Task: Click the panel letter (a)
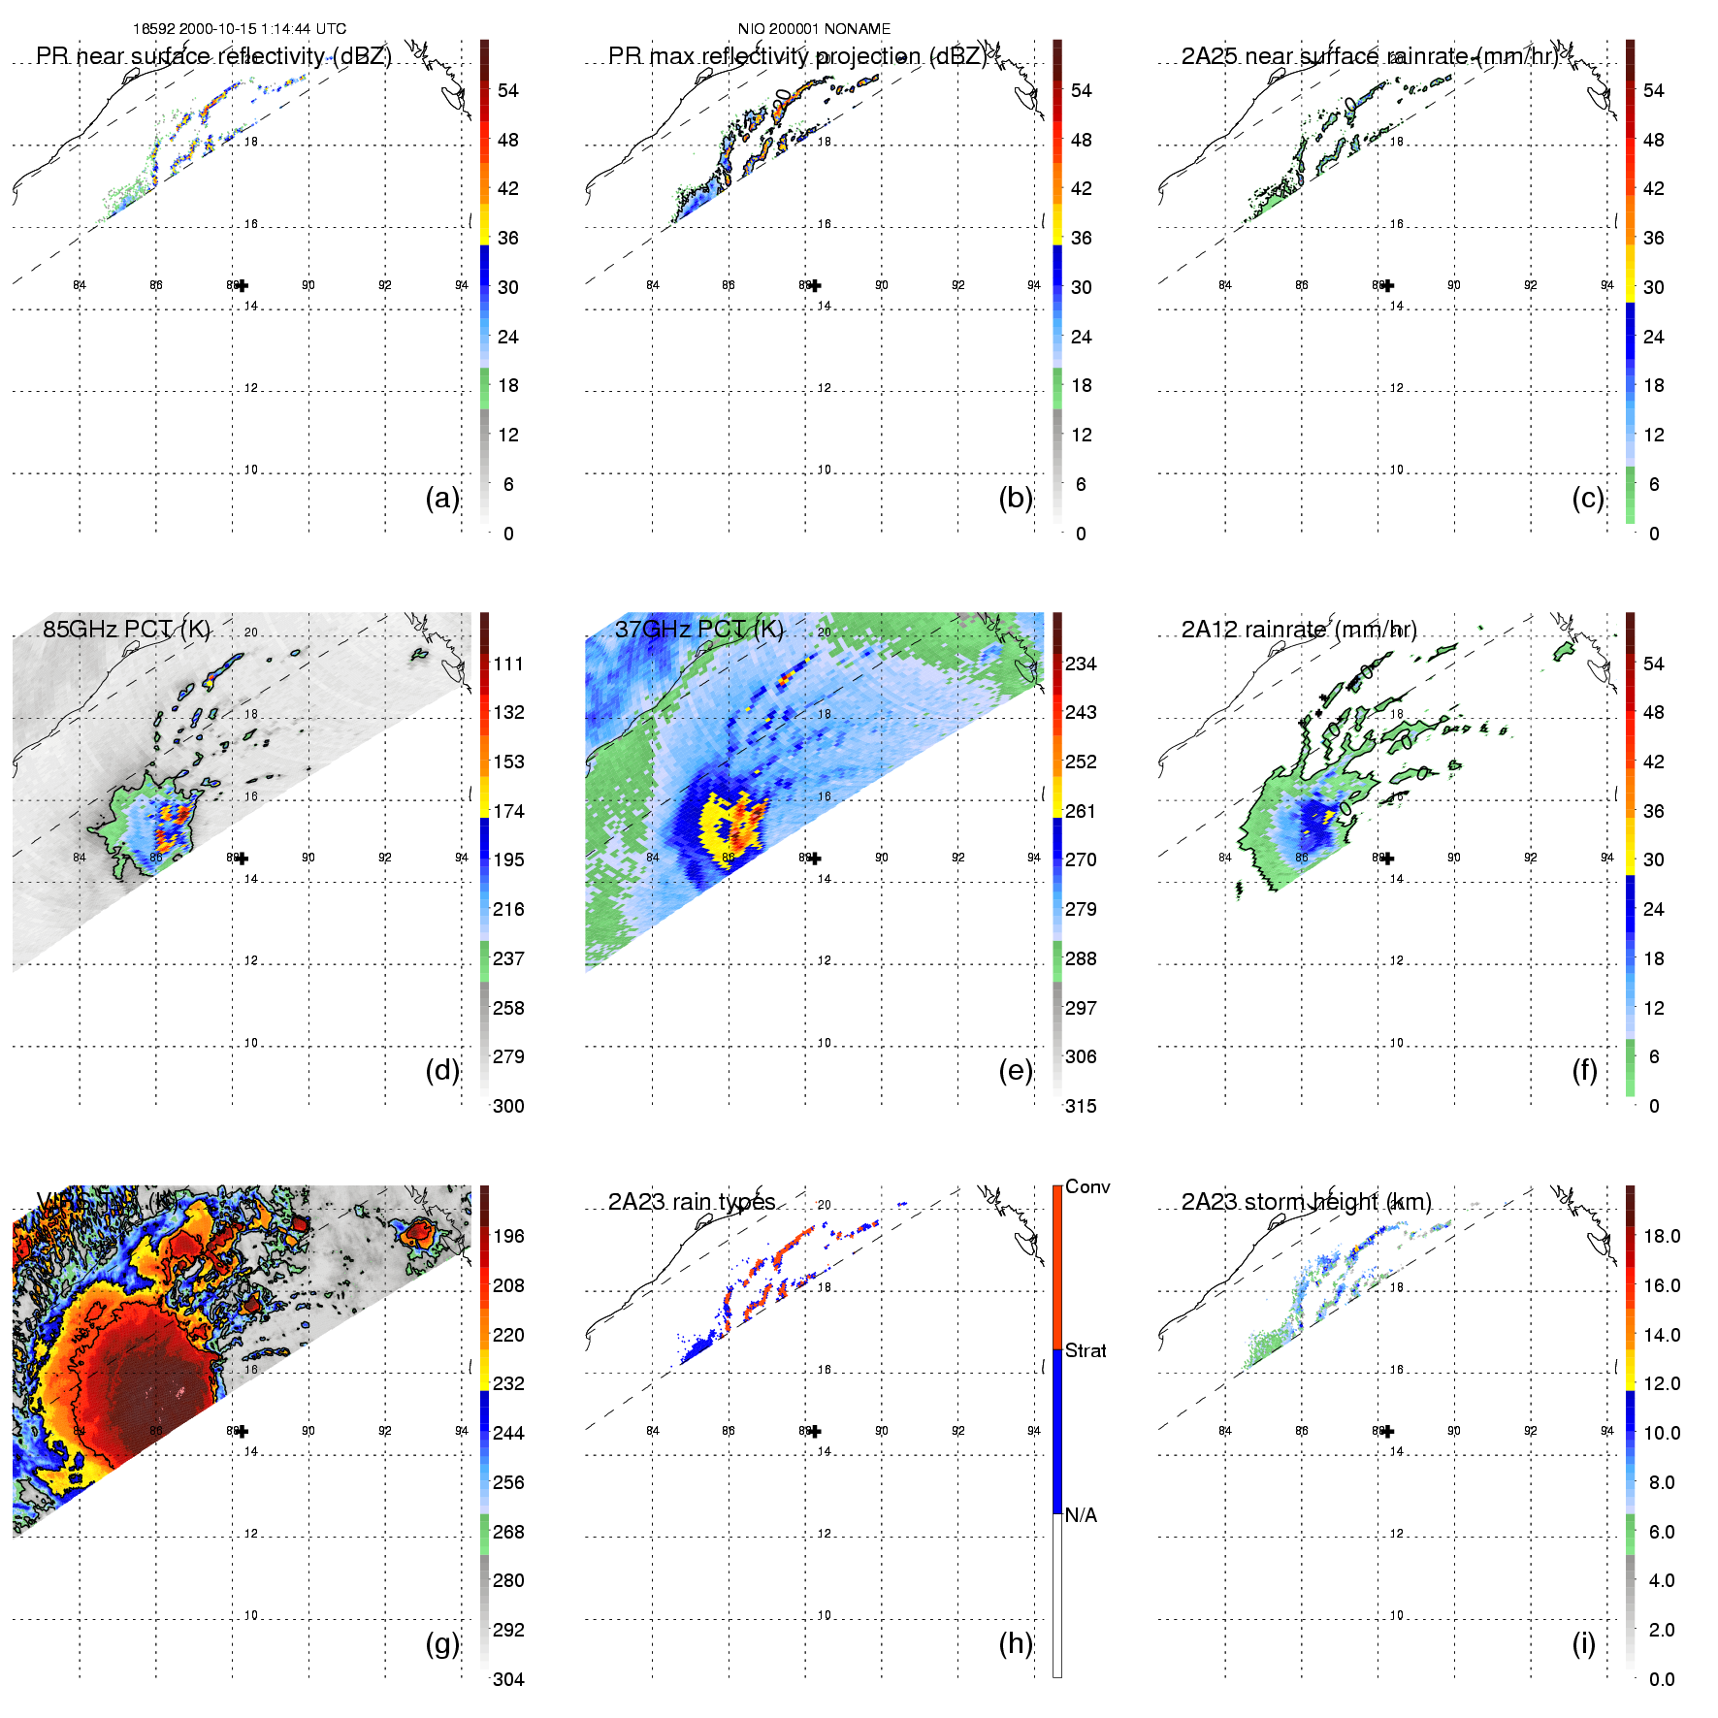pyautogui.click(x=441, y=498)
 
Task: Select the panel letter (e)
pyautogui.click(x=1015, y=1070)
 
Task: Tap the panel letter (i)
pyautogui.click(x=1583, y=1643)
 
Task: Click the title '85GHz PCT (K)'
pyautogui.click(x=126, y=629)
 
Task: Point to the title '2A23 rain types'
pyautogui.click(x=692, y=1202)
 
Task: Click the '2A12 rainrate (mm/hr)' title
pyautogui.click(x=1299, y=630)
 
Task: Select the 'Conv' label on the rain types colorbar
pyautogui.click(x=1087, y=1186)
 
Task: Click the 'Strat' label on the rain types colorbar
pyautogui.click(x=1086, y=1350)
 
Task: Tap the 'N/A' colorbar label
pyautogui.click(x=1081, y=1515)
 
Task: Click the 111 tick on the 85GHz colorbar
pyautogui.click(x=508, y=664)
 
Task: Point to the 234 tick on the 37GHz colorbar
pyautogui.click(x=1081, y=664)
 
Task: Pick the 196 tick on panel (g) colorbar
pyautogui.click(x=508, y=1236)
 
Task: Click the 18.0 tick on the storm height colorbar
pyautogui.click(x=1662, y=1236)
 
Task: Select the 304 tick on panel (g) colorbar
pyautogui.click(x=508, y=1679)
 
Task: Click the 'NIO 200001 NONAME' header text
pyautogui.click(x=814, y=29)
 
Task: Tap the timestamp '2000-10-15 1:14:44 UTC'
pyautogui.click(x=262, y=29)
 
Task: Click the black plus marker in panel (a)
pyautogui.click(x=242, y=285)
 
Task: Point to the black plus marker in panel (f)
pyautogui.click(x=1387, y=858)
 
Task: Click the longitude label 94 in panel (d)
pyautogui.click(x=462, y=858)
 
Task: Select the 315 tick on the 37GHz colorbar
pyautogui.click(x=1081, y=1106)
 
